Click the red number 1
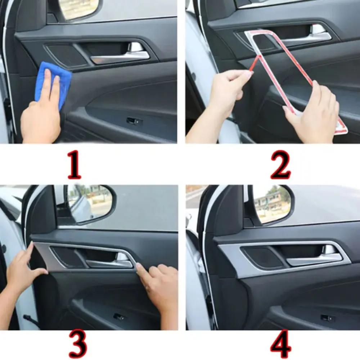pyautogui.click(x=74, y=165)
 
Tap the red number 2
pyautogui.click(x=280, y=165)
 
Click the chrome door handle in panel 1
pyautogui.click(x=121, y=57)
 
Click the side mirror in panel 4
pyautogui.click(x=272, y=203)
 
